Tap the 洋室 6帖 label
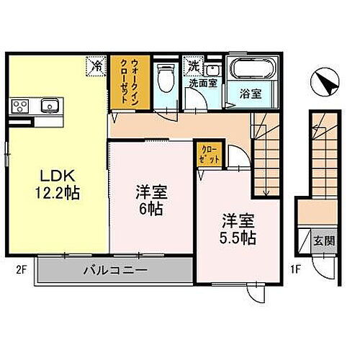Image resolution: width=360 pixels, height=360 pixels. click(151, 199)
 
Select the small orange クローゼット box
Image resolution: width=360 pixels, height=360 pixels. click(210, 154)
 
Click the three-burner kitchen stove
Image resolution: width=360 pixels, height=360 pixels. click(20, 107)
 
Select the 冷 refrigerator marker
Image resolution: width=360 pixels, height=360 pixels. click(96, 66)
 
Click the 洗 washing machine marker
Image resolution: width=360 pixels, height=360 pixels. click(193, 66)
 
